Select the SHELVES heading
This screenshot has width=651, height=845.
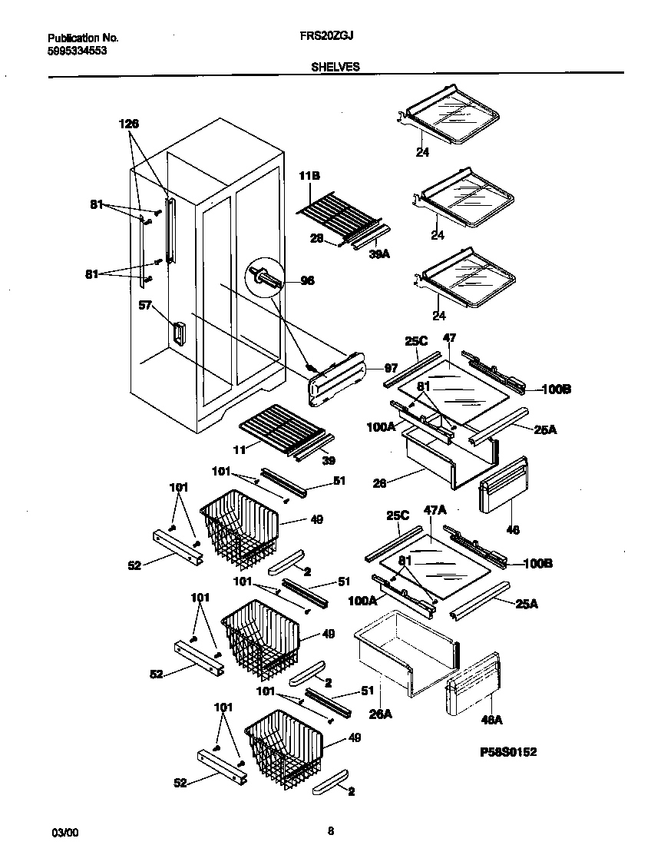pyautogui.click(x=335, y=67)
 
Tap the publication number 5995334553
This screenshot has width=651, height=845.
pyautogui.click(x=77, y=51)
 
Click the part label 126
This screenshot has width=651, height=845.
pyautogui.click(x=129, y=124)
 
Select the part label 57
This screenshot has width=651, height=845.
pyautogui.click(x=144, y=306)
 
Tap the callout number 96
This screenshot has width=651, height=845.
pyautogui.click(x=307, y=281)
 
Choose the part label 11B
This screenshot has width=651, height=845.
pyautogui.click(x=309, y=177)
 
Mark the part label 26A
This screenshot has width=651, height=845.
pyautogui.click(x=382, y=714)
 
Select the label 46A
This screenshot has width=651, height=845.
pyautogui.click(x=491, y=721)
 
